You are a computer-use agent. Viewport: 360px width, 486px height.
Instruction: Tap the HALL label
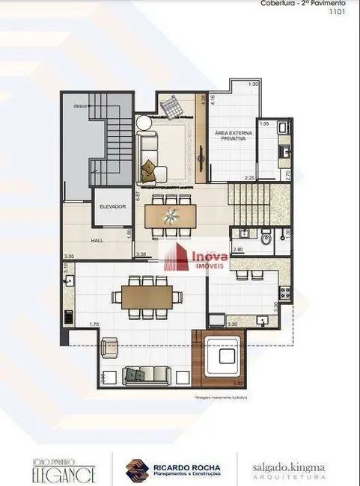(98, 242)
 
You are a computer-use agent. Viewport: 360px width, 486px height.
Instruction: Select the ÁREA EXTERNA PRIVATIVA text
(233, 140)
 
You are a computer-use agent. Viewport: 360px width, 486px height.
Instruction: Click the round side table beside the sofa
(143, 124)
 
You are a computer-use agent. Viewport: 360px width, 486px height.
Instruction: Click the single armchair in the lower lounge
(109, 348)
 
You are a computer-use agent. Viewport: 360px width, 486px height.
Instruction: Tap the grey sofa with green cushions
(144, 374)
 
